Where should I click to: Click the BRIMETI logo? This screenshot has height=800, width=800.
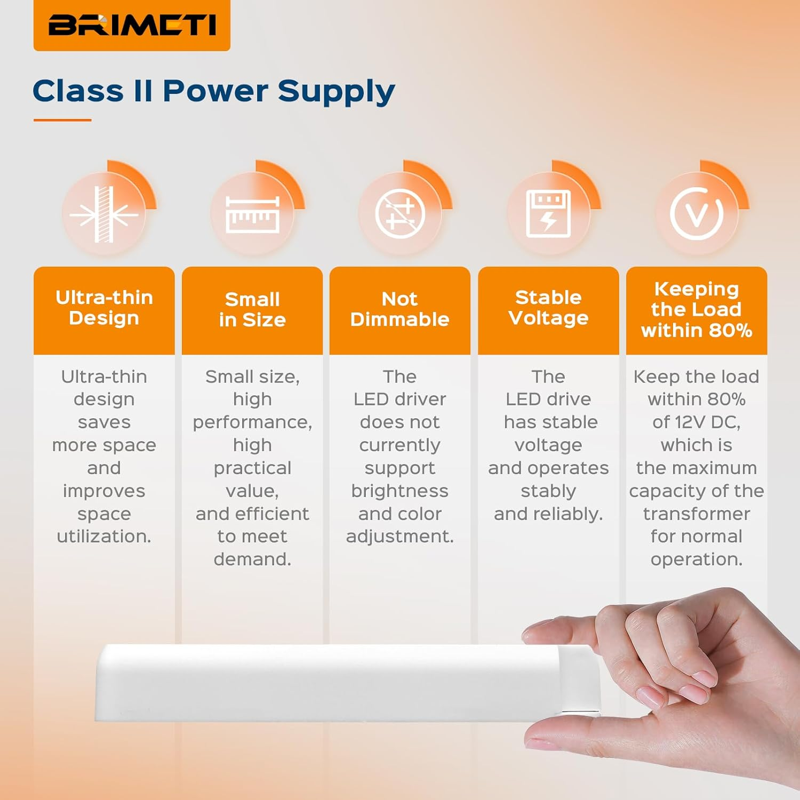click(132, 25)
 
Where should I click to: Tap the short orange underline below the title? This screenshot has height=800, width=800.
click(62, 120)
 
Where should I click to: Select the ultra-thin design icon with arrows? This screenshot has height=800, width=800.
click(105, 214)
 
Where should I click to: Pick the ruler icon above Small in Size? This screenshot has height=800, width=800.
click(252, 214)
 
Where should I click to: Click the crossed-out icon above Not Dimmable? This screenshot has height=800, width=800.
click(400, 214)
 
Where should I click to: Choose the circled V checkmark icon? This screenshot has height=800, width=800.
click(697, 214)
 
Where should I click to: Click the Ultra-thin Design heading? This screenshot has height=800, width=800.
click(104, 308)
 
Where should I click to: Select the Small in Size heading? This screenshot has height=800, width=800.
click(252, 309)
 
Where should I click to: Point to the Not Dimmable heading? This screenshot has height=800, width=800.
click(400, 309)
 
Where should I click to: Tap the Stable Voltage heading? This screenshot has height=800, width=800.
click(548, 308)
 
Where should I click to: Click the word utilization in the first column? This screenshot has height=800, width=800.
click(104, 536)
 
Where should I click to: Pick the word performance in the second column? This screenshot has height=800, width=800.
click(252, 422)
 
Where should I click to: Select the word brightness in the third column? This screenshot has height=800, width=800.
click(400, 491)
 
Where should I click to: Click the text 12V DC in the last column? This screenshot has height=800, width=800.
click(707, 422)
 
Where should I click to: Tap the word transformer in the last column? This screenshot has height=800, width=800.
click(697, 514)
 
